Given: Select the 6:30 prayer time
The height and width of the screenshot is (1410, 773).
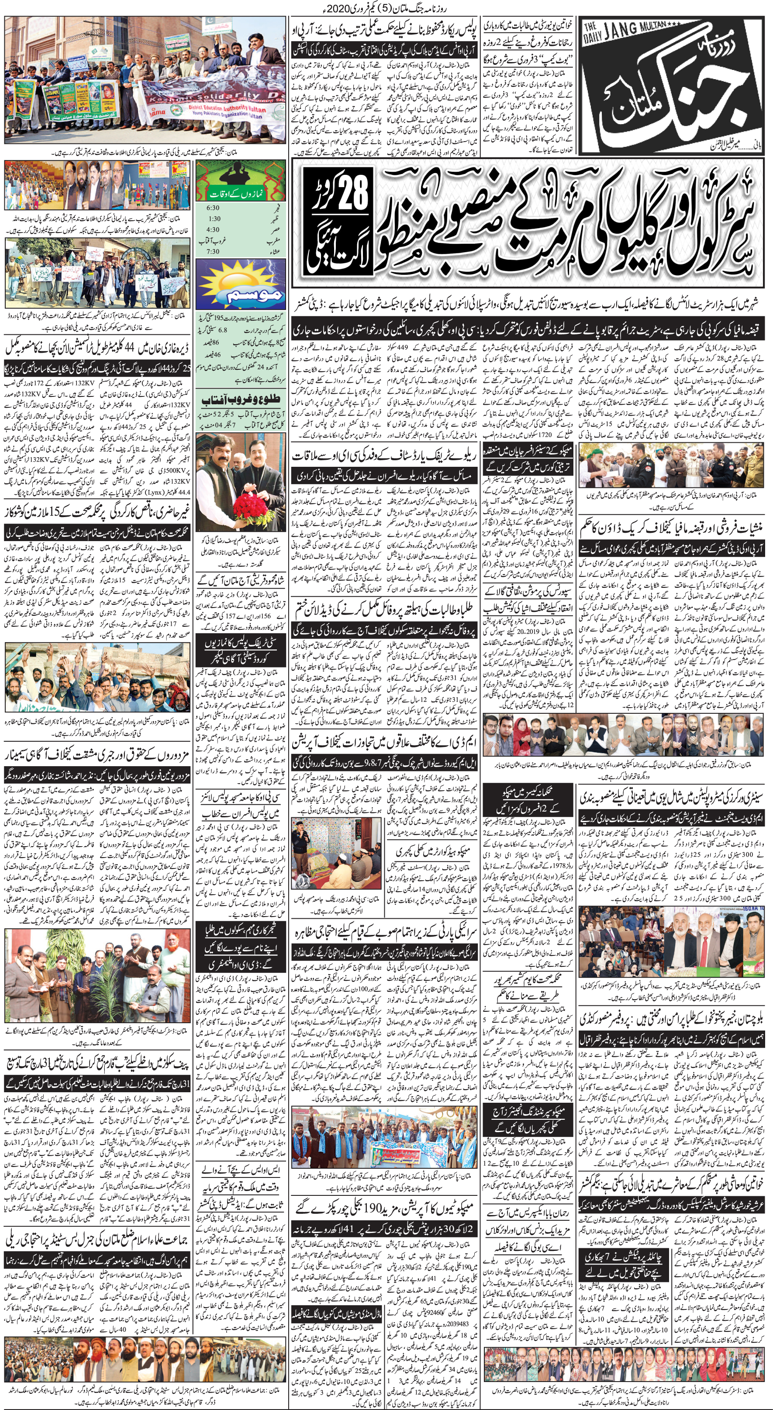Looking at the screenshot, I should tap(214, 208).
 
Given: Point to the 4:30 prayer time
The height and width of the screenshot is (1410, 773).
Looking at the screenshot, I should tap(214, 230).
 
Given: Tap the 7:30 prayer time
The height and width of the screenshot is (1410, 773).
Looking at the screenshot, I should tap(214, 252).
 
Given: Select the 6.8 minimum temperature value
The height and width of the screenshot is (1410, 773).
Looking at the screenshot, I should tap(223, 330).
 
